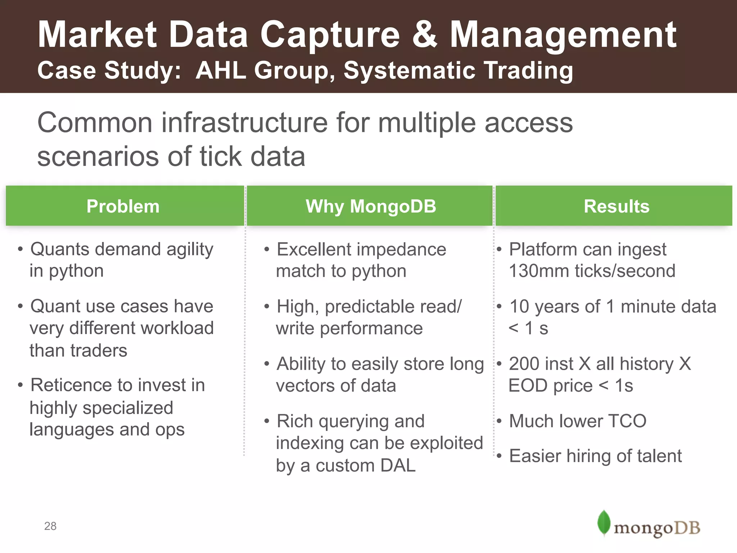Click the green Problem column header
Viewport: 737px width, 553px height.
click(x=123, y=206)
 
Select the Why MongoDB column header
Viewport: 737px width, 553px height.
click(x=371, y=206)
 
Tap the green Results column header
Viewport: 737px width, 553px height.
click(x=616, y=206)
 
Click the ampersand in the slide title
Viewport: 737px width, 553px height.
click(x=425, y=35)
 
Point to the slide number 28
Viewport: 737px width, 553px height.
click(x=50, y=526)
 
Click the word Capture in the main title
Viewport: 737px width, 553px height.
click(x=330, y=35)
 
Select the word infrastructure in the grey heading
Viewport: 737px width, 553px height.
click(x=244, y=123)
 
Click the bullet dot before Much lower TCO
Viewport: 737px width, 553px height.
click(x=499, y=421)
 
